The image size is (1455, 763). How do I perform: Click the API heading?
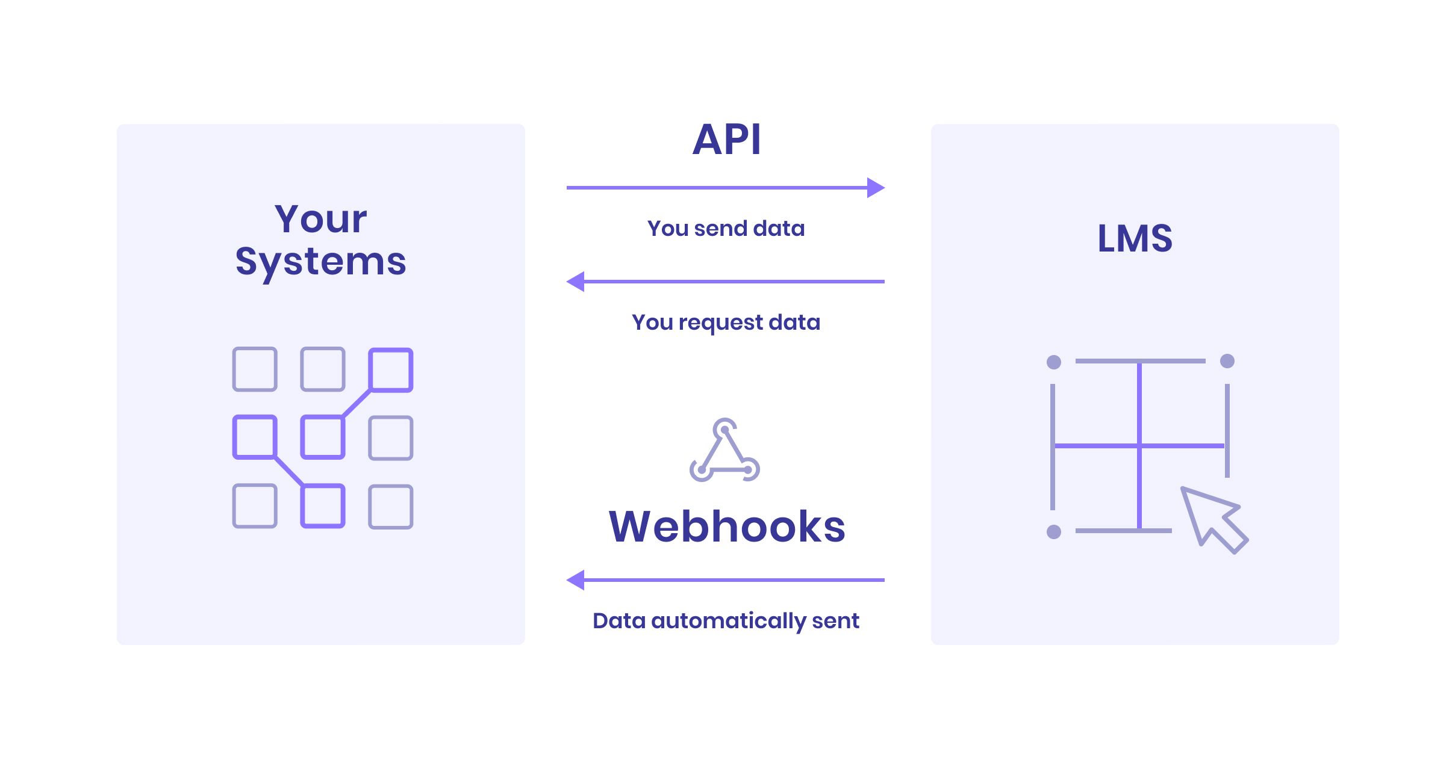click(726, 140)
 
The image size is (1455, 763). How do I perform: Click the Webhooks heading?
click(726, 527)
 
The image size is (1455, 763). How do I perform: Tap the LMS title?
click(1135, 238)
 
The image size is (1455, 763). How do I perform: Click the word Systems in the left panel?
click(320, 262)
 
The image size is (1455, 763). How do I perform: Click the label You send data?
click(726, 229)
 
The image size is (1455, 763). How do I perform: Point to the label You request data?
click(726, 323)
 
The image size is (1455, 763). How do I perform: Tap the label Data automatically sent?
click(726, 620)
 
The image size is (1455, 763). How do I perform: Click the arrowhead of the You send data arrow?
click(876, 188)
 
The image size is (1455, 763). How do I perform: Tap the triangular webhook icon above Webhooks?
click(724, 451)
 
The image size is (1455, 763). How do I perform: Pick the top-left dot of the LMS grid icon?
click(1054, 362)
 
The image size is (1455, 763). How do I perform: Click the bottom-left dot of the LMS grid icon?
click(1054, 532)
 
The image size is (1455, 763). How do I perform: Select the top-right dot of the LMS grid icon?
click(1227, 361)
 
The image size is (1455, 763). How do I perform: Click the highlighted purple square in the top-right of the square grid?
click(390, 369)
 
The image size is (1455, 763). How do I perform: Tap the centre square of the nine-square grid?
click(323, 437)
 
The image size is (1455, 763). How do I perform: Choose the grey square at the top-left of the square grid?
click(255, 369)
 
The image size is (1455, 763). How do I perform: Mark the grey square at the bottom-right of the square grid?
click(390, 507)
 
